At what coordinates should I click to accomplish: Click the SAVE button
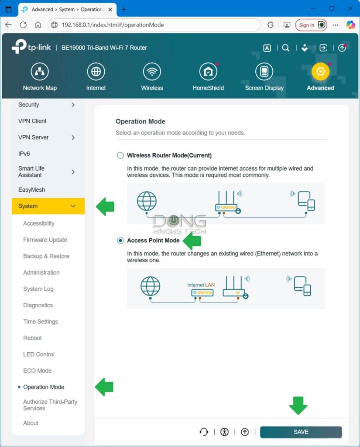(x=301, y=432)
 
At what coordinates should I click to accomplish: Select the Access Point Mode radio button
(x=120, y=241)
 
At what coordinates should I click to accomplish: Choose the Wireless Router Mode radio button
(x=120, y=155)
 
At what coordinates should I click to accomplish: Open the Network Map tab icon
(x=40, y=72)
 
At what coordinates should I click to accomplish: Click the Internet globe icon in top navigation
(x=96, y=72)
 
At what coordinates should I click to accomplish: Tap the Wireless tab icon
(x=152, y=72)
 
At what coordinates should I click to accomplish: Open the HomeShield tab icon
(x=208, y=72)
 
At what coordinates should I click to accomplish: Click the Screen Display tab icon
(x=264, y=72)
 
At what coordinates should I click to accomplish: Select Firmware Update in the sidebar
(x=45, y=240)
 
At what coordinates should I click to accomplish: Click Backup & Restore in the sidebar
(x=46, y=256)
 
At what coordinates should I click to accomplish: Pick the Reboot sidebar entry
(x=33, y=338)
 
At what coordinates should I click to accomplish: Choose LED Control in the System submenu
(x=39, y=354)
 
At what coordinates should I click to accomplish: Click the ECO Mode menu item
(x=38, y=371)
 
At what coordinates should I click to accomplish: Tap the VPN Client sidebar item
(x=32, y=121)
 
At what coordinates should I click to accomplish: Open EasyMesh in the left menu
(x=31, y=190)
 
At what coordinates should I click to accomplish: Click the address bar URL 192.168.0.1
(x=113, y=25)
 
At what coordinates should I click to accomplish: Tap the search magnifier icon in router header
(x=285, y=48)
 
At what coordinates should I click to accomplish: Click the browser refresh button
(x=23, y=25)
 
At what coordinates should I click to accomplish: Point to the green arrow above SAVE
(x=298, y=406)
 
